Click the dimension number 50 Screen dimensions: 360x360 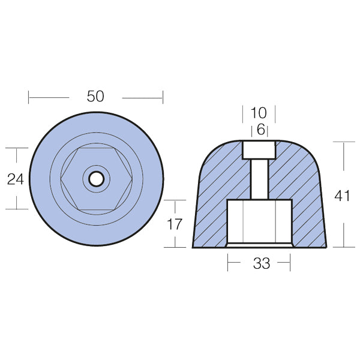[95, 97]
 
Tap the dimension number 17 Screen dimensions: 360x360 [174, 224]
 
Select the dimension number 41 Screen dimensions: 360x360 [343, 196]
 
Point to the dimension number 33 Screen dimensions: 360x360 [262, 263]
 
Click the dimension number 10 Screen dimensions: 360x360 [259, 113]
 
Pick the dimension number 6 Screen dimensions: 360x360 [260, 129]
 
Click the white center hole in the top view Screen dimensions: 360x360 [95, 178]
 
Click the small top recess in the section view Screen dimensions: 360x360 [259, 149]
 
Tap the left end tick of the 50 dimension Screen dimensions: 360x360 [29, 97]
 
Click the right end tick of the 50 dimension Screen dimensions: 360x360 [162, 97]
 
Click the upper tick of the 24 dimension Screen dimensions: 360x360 [17, 148]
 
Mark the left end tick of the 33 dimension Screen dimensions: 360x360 [228, 262]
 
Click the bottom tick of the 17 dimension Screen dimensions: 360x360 [174, 247]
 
